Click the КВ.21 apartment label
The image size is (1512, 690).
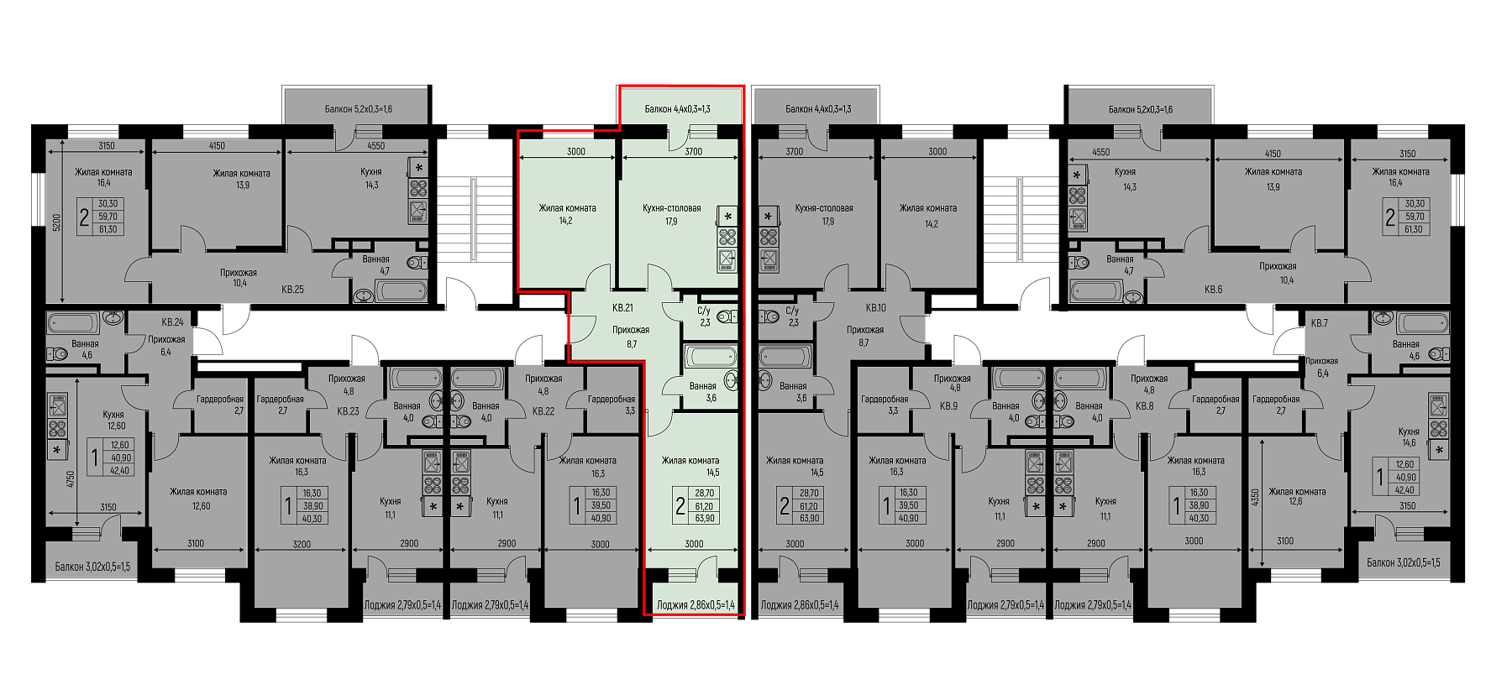pos(622,308)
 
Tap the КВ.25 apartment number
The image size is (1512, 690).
pos(292,290)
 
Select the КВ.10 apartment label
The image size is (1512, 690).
pos(876,308)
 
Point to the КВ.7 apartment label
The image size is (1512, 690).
pos(1319,323)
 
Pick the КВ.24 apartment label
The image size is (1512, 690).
pos(172,322)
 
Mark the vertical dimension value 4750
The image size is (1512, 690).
pos(71,480)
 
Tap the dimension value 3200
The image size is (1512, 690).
pos(302,544)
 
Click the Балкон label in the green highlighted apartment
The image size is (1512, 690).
pos(678,109)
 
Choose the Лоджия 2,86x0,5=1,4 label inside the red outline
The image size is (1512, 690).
pos(696,604)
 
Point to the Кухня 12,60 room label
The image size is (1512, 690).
pos(113,420)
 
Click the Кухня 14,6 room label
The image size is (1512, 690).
pos(1409,436)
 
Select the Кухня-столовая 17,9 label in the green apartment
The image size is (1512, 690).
pos(671,215)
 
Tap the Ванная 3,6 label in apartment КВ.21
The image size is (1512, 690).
pos(703,392)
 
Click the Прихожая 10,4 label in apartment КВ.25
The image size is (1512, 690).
pos(239,278)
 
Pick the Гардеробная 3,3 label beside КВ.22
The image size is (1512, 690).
pos(612,405)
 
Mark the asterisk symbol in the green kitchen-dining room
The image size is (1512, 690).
pos(727,217)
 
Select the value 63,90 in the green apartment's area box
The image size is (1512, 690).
pos(704,518)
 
